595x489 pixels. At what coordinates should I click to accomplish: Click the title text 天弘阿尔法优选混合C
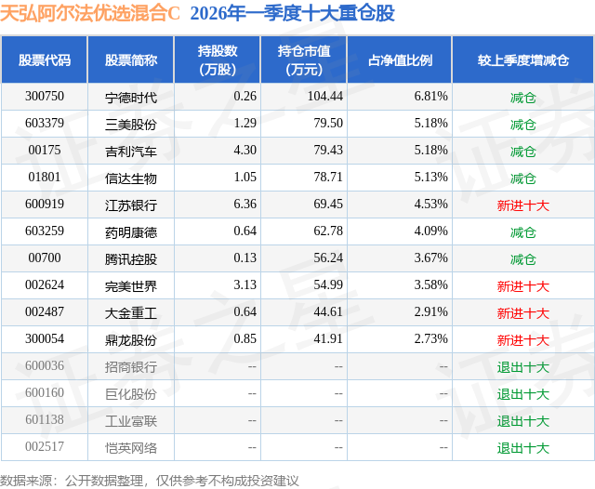(x=91, y=13)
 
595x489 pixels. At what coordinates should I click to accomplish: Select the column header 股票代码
(x=45, y=60)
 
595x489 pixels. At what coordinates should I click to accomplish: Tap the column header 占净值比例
(x=406, y=60)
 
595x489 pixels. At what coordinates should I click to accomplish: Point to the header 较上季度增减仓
(x=522, y=60)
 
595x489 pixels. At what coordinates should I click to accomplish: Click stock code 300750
(x=45, y=97)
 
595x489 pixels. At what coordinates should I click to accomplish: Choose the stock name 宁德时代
(x=131, y=97)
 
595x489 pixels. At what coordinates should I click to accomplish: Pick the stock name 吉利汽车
(x=131, y=151)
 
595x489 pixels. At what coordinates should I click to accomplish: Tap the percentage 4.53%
(x=430, y=205)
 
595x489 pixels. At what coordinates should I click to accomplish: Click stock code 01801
(x=45, y=178)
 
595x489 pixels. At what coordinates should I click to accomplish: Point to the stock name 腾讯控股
(x=131, y=258)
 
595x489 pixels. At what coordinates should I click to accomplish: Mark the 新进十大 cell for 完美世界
(x=522, y=286)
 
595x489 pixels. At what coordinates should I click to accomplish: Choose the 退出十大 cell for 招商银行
(x=522, y=367)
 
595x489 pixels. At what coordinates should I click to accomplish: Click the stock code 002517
(x=45, y=448)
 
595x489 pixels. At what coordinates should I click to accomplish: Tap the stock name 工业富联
(x=131, y=421)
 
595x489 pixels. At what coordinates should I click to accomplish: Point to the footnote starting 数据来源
(x=150, y=480)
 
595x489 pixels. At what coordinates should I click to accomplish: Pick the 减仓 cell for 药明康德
(x=522, y=232)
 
